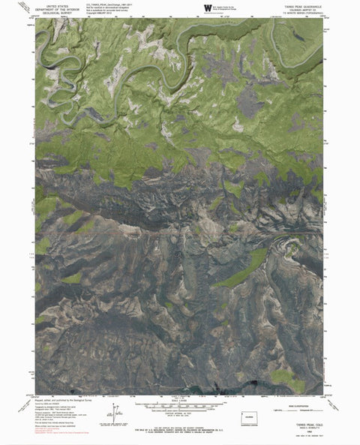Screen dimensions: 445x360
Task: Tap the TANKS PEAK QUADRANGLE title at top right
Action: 306,5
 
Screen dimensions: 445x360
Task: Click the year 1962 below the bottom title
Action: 309,429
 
